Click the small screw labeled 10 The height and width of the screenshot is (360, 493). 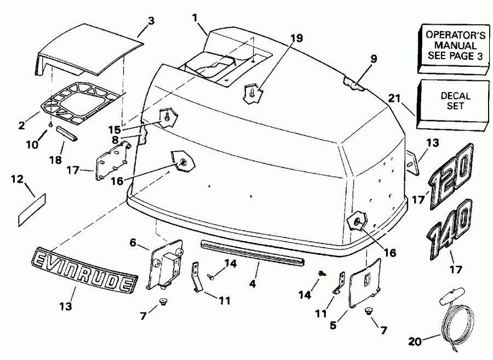[50, 125]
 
